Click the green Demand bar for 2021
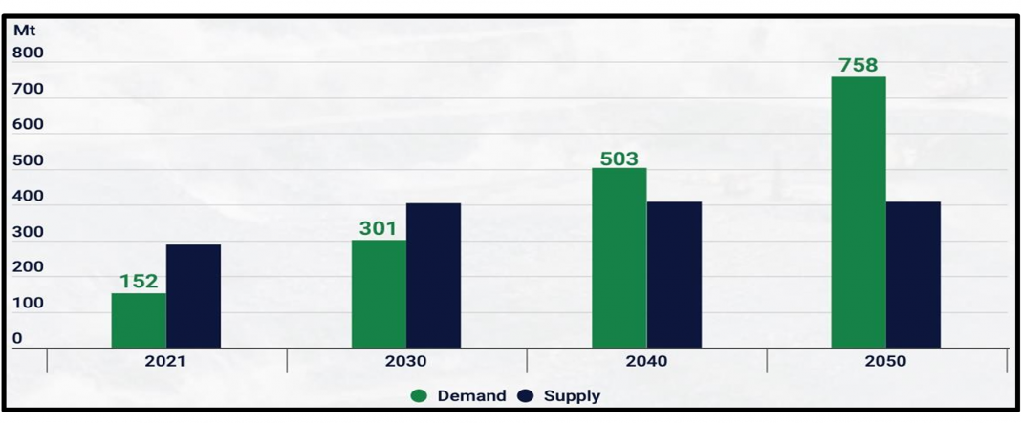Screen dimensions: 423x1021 point(139,320)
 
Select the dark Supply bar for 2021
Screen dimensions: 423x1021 point(193,296)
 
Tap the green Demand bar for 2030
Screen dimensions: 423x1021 point(379,293)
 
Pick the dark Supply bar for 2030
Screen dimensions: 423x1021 point(433,275)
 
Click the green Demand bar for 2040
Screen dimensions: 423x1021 point(619,258)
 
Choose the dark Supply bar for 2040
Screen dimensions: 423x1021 point(674,274)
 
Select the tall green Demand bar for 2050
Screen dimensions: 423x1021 point(858,212)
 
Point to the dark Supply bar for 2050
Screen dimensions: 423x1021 point(913,274)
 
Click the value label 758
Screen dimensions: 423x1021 point(858,65)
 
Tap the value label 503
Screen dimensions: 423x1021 point(619,158)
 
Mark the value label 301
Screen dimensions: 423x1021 point(379,228)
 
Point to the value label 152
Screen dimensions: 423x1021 point(139,282)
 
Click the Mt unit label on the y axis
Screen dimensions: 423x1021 point(23,29)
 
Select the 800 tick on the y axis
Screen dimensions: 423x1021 point(29,53)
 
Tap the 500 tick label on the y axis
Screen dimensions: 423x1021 point(29,160)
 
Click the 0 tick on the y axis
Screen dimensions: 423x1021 point(17,338)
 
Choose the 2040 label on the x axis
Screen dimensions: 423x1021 point(647,362)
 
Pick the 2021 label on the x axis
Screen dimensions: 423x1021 point(165,362)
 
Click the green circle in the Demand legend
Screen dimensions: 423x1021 point(419,395)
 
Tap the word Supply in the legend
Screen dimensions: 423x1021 point(572,395)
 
